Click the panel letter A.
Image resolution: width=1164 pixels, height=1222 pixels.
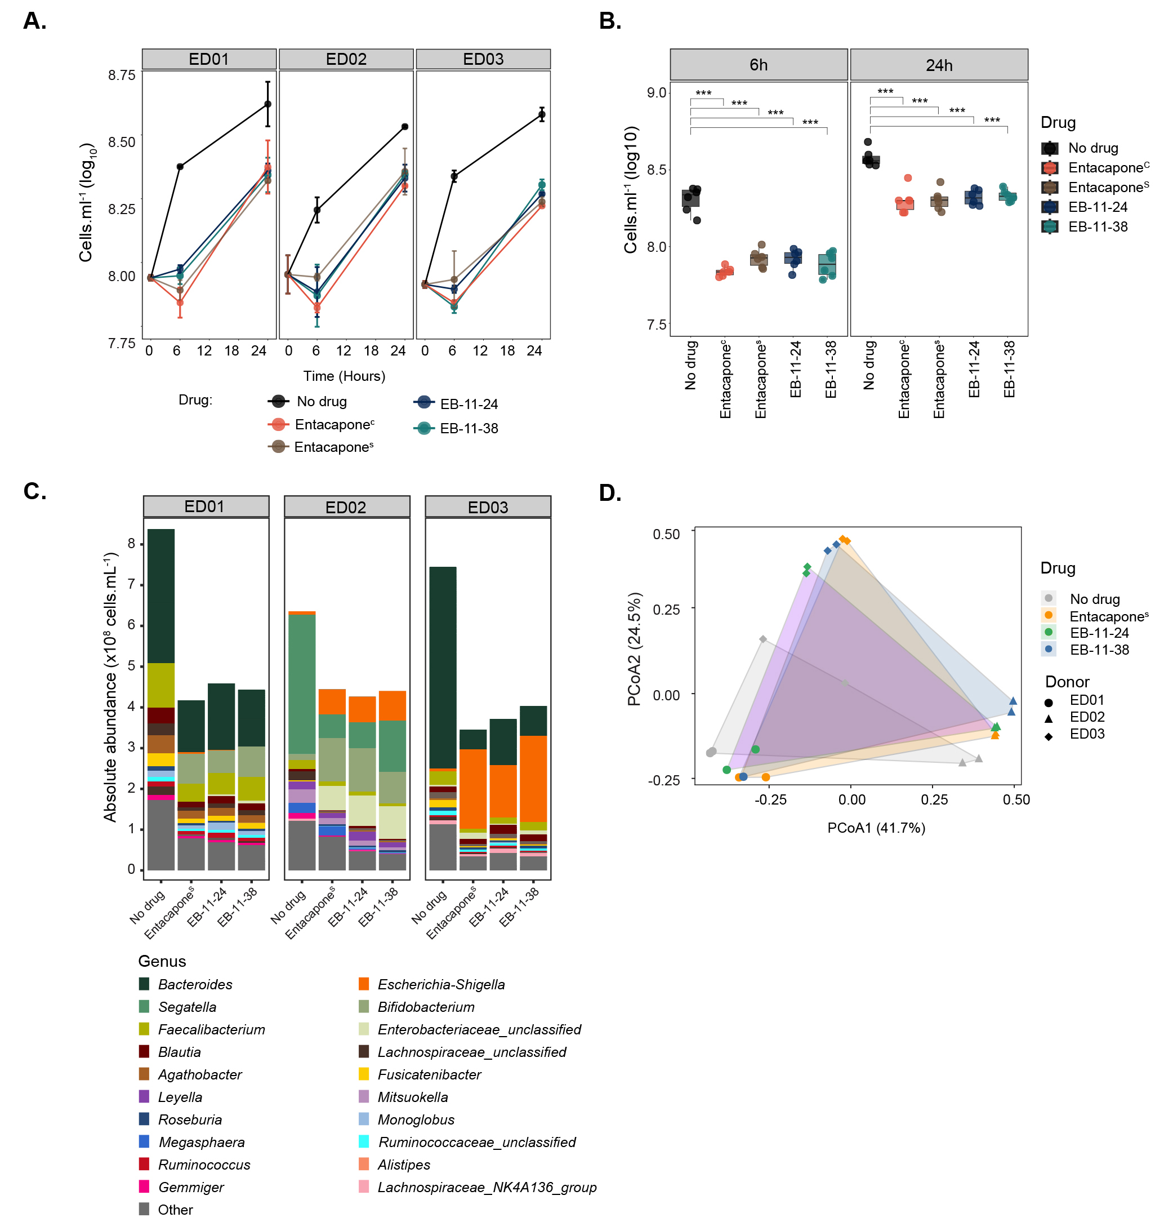[x=35, y=21]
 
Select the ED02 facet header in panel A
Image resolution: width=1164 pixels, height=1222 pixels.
[x=346, y=59]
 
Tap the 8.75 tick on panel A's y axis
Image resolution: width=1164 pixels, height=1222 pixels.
[x=122, y=75]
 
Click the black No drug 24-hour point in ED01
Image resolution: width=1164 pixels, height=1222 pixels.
[x=267, y=104]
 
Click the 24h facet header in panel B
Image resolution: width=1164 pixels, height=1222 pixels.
[x=938, y=65]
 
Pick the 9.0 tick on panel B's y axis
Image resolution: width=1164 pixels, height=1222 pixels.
[x=656, y=93]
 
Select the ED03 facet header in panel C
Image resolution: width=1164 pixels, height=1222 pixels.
[x=488, y=507]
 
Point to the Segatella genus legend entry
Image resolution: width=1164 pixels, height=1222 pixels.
[x=187, y=1007]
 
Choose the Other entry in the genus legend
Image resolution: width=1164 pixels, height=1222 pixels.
[x=175, y=1210]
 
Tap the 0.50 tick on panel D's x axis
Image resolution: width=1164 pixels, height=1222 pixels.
[x=1016, y=800]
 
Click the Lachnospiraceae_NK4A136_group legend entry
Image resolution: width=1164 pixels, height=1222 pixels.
[x=487, y=1187]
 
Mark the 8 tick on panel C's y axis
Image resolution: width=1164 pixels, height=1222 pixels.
[x=132, y=544]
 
